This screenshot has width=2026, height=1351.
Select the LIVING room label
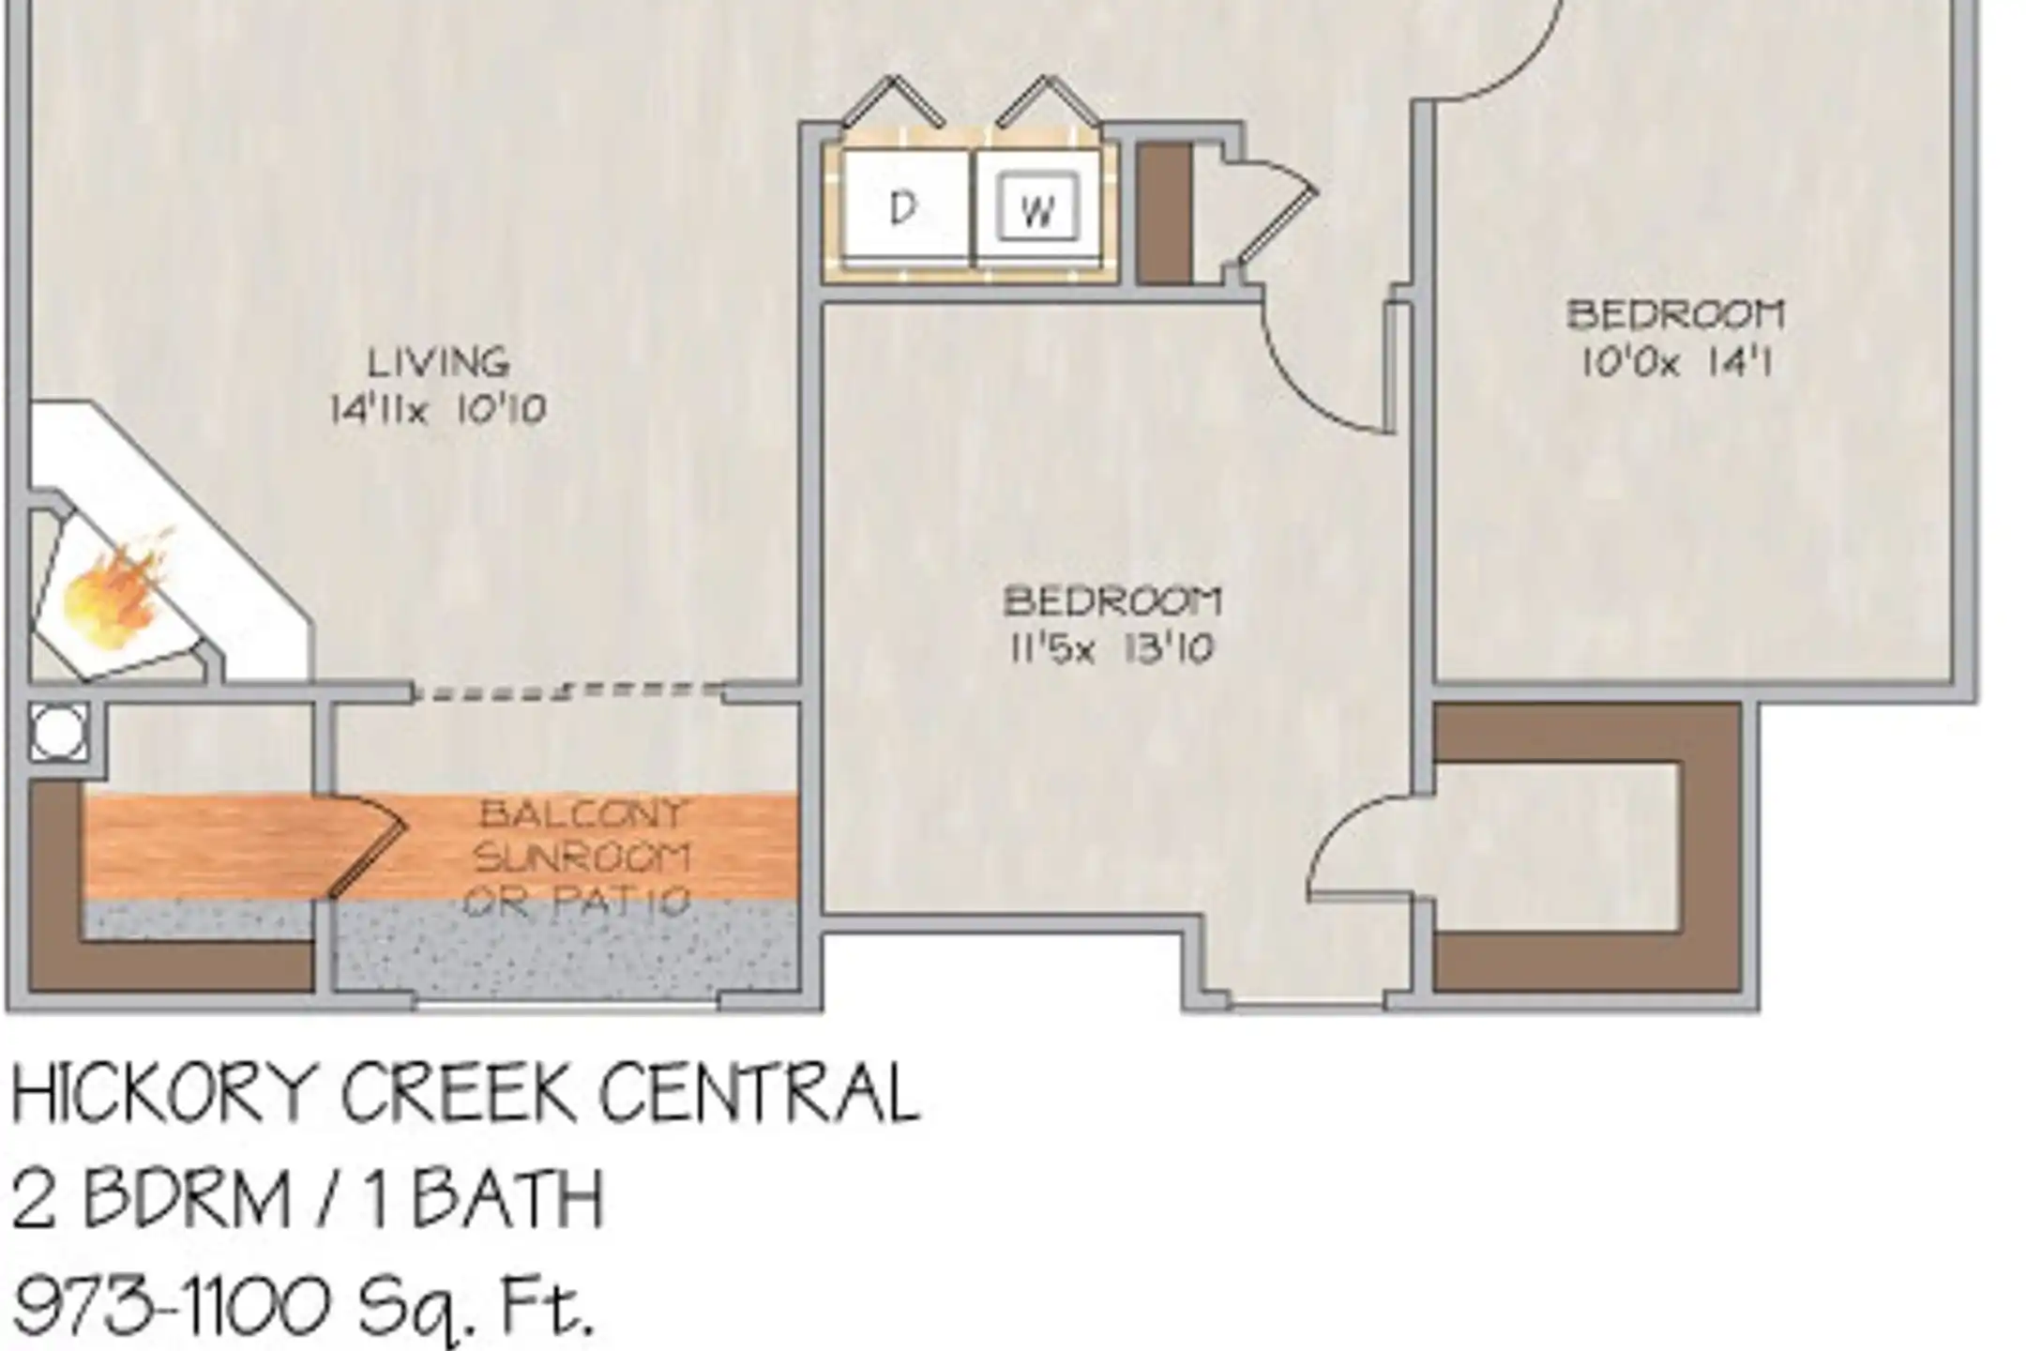[x=439, y=362]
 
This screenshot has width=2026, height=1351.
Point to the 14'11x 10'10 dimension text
[x=438, y=409]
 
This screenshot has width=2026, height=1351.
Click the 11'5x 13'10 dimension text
[x=1112, y=648]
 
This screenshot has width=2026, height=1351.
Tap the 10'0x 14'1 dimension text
[x=1677, y=362]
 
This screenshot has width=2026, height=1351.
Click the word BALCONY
[x=583, y=813]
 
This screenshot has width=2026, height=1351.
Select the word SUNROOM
[x=582, y=857]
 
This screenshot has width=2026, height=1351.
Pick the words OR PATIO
[x=578, y=902]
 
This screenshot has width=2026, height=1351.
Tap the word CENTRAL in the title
[x=760, y=1092]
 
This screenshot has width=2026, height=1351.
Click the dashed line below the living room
[x=568, y=691]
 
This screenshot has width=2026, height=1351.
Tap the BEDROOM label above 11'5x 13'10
[x=1112, y=601]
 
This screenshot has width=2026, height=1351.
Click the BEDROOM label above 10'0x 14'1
[x=1677, y=314]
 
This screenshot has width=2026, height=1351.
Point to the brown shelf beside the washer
[x=1164, y=212]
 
